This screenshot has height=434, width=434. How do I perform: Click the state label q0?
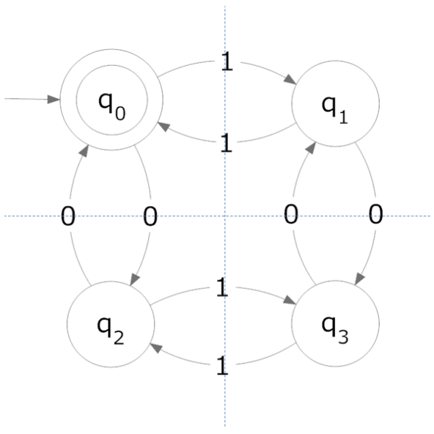coord(112,106)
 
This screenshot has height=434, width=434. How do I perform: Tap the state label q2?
coord(111,331)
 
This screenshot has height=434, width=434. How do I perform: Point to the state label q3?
coord(334,330)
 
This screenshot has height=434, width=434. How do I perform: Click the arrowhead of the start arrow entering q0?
coord(54,99)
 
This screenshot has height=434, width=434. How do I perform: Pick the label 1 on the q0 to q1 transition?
coord(227,61)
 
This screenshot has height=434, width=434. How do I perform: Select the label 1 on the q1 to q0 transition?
coord(227,142)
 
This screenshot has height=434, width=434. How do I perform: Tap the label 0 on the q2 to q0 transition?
coord(67,216)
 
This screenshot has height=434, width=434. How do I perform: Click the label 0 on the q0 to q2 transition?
coord(150,216)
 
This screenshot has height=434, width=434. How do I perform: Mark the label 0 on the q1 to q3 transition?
coord(375,214)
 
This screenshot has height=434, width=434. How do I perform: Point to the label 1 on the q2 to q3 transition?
coord(222,287)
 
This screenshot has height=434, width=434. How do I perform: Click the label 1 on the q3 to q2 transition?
coord(222,366)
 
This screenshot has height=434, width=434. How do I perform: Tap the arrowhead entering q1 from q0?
coord(290,80)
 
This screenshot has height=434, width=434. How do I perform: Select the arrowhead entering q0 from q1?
coord(163,126)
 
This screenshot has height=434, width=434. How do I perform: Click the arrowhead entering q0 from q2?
coord(84,151)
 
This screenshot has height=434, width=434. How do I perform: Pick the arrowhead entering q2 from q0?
coord(134,279)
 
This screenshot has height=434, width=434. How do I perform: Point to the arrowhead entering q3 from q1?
coord(359,279)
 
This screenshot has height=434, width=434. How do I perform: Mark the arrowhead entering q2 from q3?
coord(155,347)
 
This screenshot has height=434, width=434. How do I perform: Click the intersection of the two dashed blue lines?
coord(225,216)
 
